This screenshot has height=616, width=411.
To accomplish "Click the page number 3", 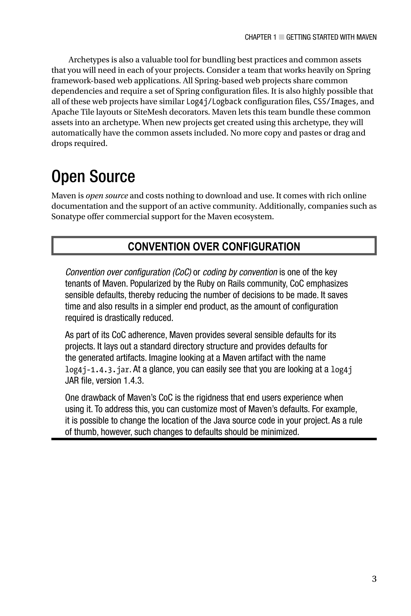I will [374, 579].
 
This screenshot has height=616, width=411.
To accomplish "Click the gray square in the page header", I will [281, 37].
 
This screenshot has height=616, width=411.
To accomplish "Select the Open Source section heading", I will [93, 176].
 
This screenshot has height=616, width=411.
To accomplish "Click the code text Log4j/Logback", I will [214, 101].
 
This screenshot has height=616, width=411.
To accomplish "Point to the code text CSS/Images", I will [335, 101].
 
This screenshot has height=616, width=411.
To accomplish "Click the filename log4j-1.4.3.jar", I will [98, 370].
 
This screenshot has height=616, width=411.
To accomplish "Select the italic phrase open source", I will [107, 196].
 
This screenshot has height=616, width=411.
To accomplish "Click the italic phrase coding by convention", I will [240, 272].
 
